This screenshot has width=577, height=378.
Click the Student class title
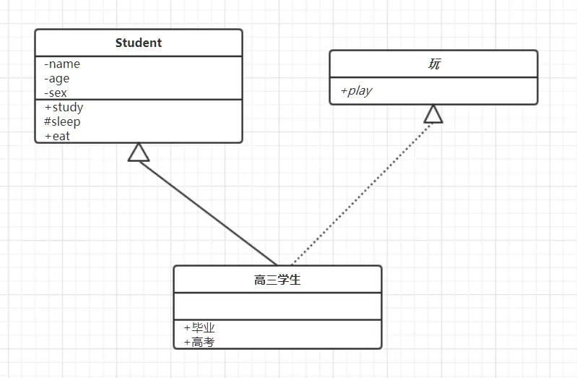click(x=139, y=43)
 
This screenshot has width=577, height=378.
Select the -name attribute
click(x=62, y=64)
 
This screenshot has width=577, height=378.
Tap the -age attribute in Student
click(x=57, y=78)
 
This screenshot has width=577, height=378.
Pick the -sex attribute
click(x=56, y=93)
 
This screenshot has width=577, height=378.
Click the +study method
click(x=64, y=107)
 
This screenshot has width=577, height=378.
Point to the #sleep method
click(x=62, y=121)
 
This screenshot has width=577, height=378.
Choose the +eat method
click(x=57, y=135)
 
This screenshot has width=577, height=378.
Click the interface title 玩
click(x=434, y=64)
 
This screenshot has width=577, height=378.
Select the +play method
click(x=356, y=90)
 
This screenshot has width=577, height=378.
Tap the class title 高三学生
click(x=277, y=280)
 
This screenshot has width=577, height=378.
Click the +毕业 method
click(x=199, y=327)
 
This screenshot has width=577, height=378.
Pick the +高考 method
click(x=199, y=342)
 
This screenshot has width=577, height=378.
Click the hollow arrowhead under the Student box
click(x=139, y=153)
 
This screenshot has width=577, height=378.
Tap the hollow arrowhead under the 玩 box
click(x=433, y=114)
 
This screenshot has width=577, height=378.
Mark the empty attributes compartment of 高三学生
click(x=277, y=306)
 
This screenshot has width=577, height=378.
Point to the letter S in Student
click(x=119, y=43)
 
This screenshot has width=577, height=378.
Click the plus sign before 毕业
click(x=187, y=327)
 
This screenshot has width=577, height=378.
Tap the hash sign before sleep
click(x=47, y=121)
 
